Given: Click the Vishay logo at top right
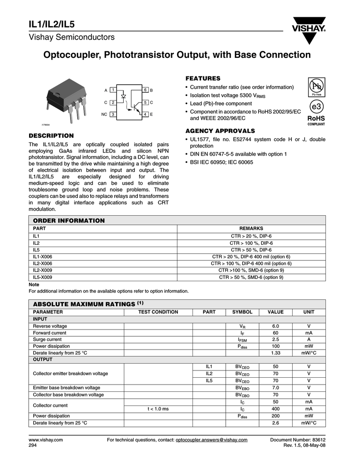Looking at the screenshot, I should pyautogui.click(x=309, y=29).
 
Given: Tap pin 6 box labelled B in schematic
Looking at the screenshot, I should pyautogui.click(x=145, y=90).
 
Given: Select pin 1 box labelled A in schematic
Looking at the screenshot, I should pyautogui.click(x=112, y=90).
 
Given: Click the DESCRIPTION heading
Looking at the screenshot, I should pyautogui.click(x=51, y=136).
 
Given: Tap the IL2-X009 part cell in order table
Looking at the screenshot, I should pyautogui.click(x=42, y=270).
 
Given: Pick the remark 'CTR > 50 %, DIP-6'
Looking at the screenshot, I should pyautogui.click(x=251, y=249).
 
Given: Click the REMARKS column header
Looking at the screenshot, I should pyautogui.click(x=251, y=228).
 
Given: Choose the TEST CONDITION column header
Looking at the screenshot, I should pyautogui.click(x=158, y=312).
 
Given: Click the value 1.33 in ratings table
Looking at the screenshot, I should pyautogui.click(x=275, y=353).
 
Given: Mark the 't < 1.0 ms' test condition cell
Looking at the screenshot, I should pyautogui.click(x=158, y=409).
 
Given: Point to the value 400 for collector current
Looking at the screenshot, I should pyautogui.click(x=275, y=409).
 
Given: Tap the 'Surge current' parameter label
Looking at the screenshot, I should pyautogui.click(x=47, y=339).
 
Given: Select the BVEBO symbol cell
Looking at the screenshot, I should pyautogui.click(x=242, y=388).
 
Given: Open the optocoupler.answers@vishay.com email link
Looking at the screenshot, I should pyautogui.click(x=211, y=440).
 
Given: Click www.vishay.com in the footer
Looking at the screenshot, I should pyautogui.click(x=46, y=440).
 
